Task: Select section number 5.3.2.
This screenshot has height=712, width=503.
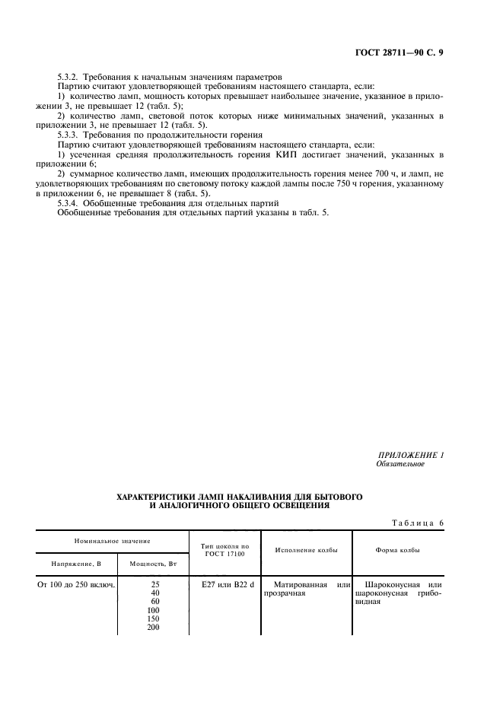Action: coord(71,78)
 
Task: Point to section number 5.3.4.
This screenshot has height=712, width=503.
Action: coord(71,203)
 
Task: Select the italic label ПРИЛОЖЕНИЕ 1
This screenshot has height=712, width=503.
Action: coord(409,455)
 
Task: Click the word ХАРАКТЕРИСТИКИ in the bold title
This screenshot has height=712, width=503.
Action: coord(155,496)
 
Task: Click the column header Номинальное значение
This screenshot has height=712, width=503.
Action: coord(112,540)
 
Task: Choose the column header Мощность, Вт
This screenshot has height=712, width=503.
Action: coord(153,564)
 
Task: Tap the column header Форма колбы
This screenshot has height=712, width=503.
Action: coord(398,550)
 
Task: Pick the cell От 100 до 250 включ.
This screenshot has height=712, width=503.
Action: coord(76,585)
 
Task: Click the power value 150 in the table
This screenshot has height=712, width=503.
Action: coord(154,618)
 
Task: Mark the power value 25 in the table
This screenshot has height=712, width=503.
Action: coord(154,585)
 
